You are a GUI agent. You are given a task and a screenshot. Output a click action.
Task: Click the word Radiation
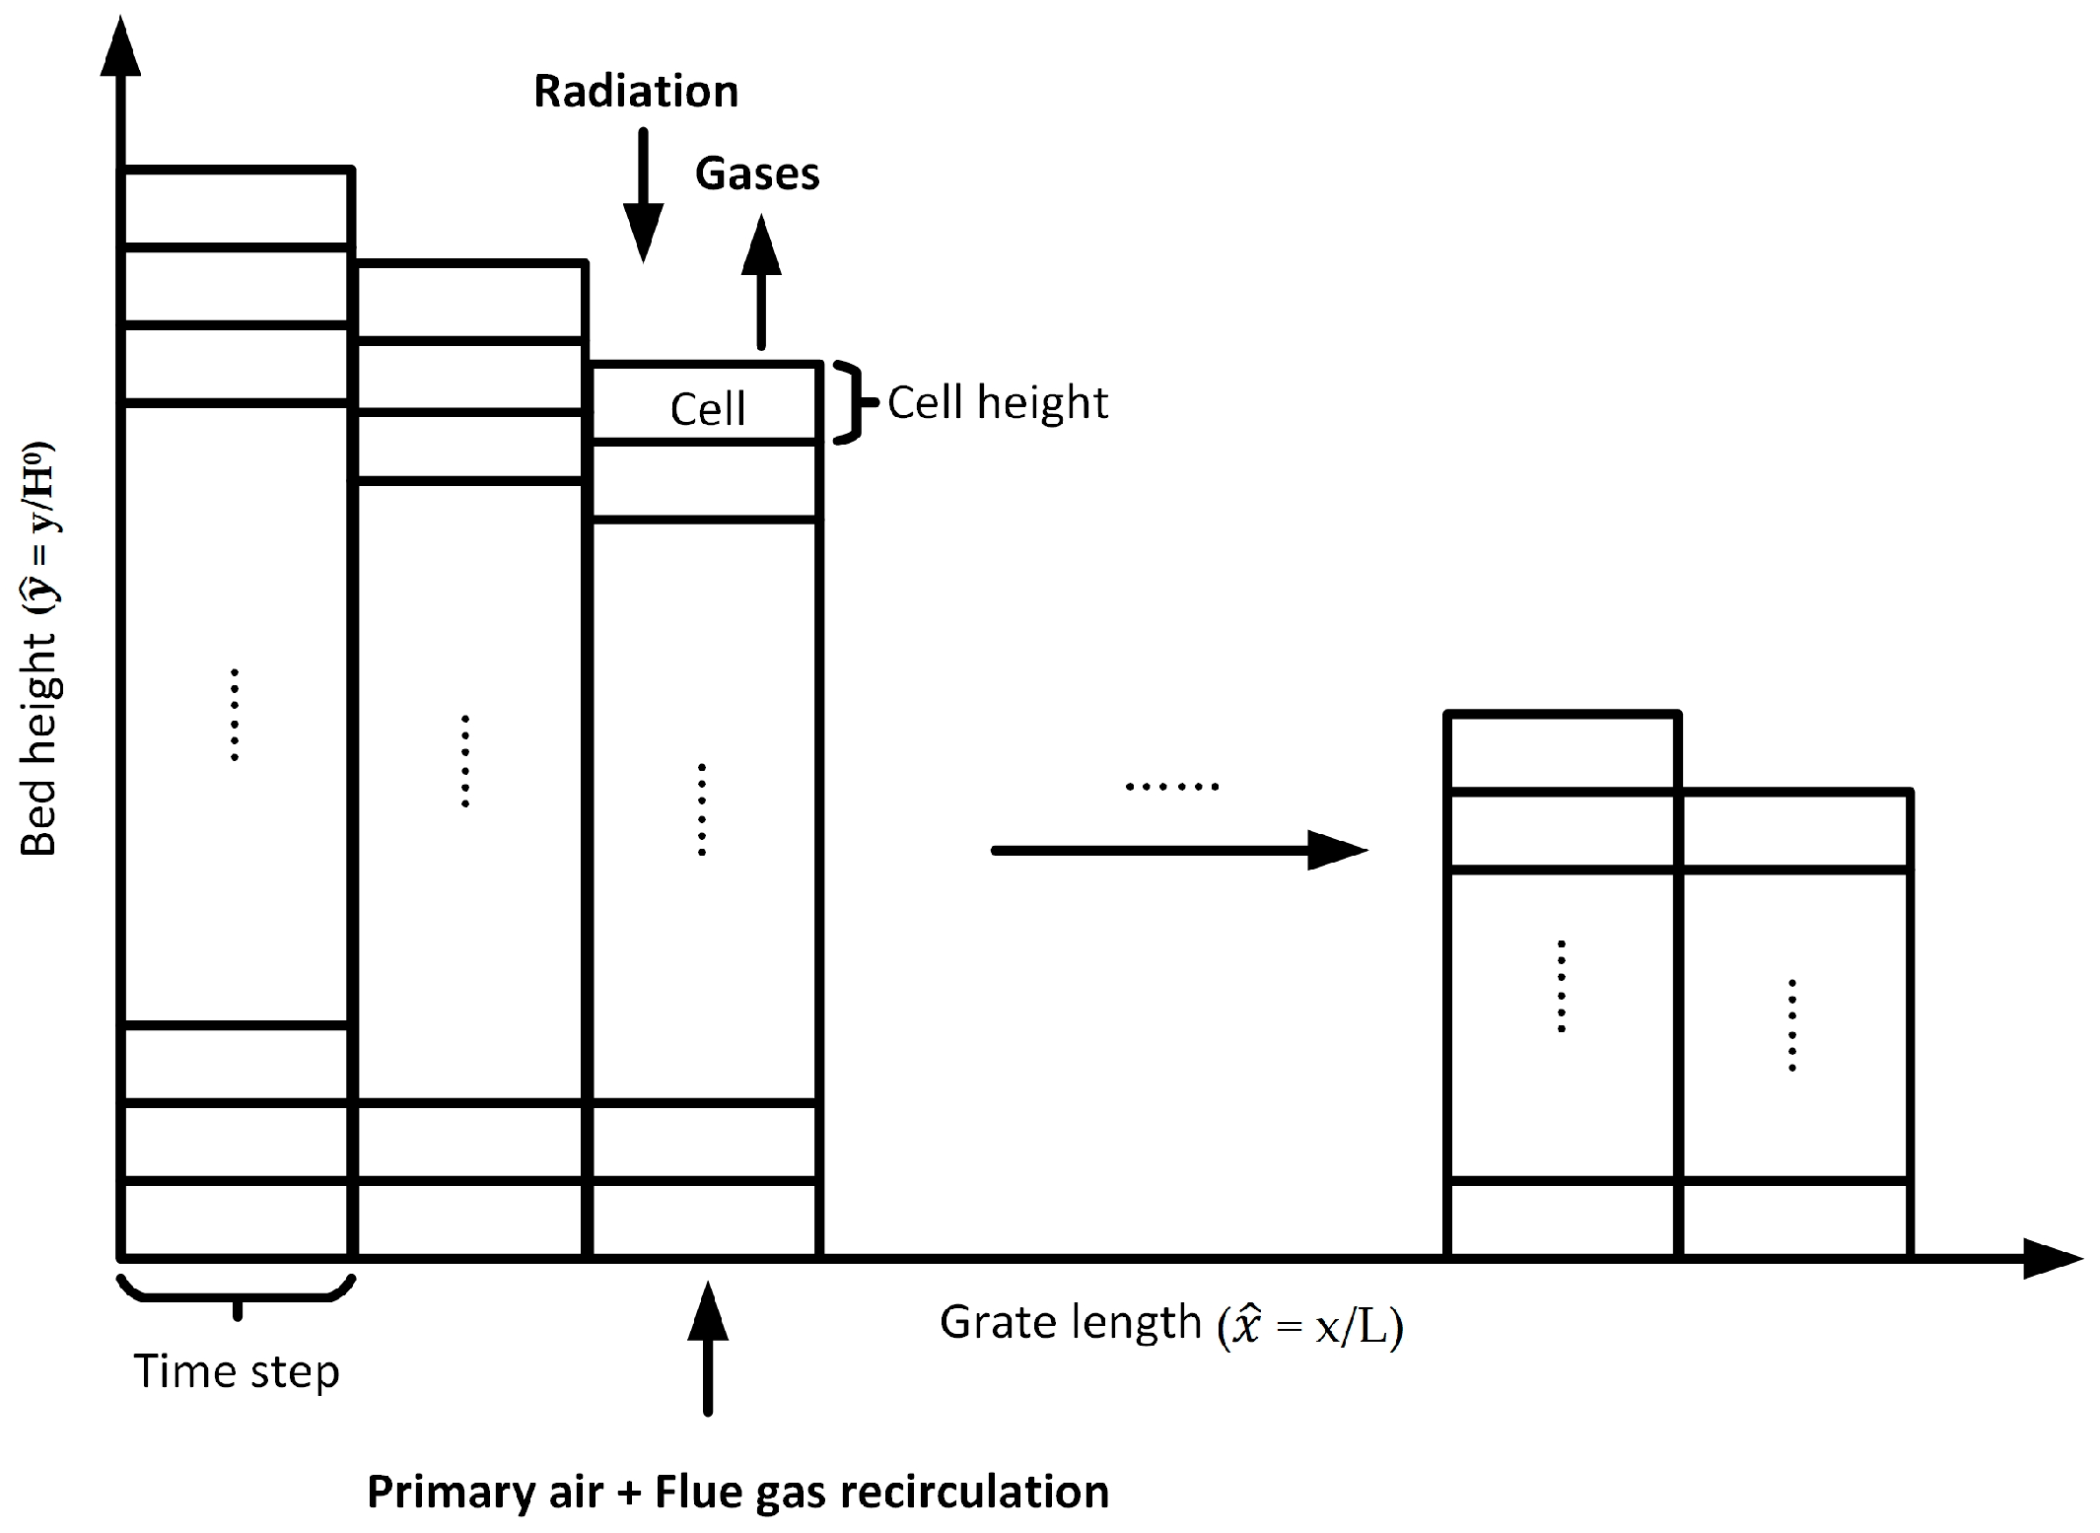point(636,92)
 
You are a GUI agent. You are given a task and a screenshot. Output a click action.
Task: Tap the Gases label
point(757,174)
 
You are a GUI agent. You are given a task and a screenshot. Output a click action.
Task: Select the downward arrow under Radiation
point(643,196)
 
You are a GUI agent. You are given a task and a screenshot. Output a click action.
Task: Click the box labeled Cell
point(706,404)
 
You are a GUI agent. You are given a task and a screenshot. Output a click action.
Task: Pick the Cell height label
point(998,403)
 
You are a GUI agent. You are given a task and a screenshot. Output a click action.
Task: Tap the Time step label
point(237,1371)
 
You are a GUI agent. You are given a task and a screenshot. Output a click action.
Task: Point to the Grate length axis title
point(1171,1324)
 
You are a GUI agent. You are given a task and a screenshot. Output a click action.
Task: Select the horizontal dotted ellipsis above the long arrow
point(1171,787)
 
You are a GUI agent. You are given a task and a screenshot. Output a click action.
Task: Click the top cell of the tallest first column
point(236,208)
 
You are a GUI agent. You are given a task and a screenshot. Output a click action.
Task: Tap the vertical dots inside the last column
point(1791,1025)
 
